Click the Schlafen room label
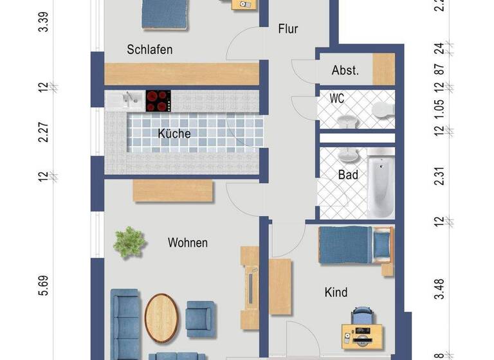tap(149, 50)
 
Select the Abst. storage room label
tap(345, 71)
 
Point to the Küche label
tap(174, 134)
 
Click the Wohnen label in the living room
tap(187, 242)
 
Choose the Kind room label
tap(335, 292)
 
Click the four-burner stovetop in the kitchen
tap(158, 100)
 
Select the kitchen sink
tap(126, 99)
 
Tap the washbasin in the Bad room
tap(349, 155)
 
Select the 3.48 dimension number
tap(439, 289)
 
